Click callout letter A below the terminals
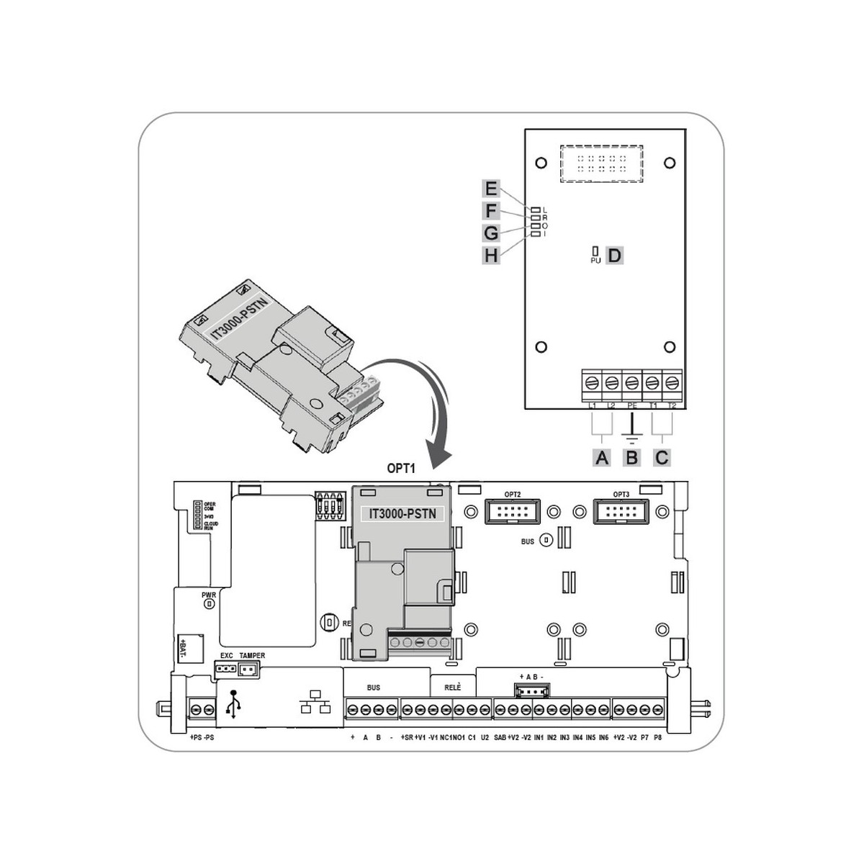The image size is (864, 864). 602,457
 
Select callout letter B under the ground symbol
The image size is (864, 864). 632,457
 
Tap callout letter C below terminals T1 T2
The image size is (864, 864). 662,457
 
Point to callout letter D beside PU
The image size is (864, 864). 614,255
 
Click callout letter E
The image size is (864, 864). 491,189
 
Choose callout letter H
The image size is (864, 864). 491,255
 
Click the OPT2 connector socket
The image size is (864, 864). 513,512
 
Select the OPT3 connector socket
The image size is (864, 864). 621,512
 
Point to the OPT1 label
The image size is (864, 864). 401,469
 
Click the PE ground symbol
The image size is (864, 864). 631,433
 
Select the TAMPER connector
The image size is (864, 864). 248,670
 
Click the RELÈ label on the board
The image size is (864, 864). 452,688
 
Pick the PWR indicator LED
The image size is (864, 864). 209,604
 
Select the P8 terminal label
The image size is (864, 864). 657,738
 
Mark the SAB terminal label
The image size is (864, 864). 500,738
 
